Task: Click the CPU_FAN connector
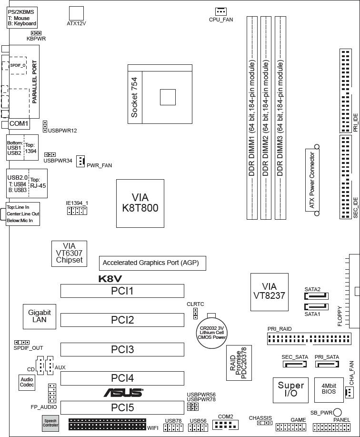(221, 11)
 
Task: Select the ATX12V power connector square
(76, 13)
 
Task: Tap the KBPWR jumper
(36, 33)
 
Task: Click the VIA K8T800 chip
(140, 203)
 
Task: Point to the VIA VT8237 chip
(269, 292)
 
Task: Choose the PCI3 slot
(122, 349)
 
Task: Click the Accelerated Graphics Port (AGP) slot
(152, 263)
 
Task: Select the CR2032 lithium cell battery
(211, 333)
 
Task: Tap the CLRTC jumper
(195, 314)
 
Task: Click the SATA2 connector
(317, 296)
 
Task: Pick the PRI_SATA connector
(327, 364)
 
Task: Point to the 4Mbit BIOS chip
(329, 390)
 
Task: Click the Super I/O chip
(290, 390)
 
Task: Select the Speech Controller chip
(50, 423)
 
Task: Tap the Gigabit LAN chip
(39, 316)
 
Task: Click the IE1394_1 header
(77, 211)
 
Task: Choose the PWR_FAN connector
(80, 161)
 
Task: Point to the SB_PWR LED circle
(337, 412)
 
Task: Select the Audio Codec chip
(27, 382)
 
